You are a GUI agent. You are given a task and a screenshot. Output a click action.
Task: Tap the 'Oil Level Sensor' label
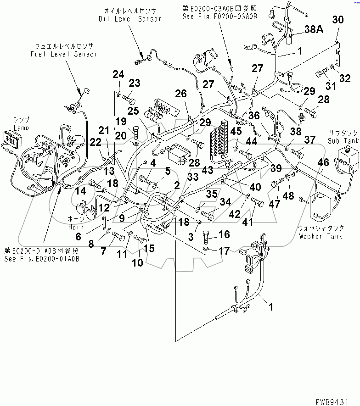pyautogui.click(x=130, y=19)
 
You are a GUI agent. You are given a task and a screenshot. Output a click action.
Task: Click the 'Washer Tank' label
pyautogui.click(x=320, y=236)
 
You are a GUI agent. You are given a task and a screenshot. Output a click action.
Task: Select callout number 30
pyautogui.click(x=337, y=19)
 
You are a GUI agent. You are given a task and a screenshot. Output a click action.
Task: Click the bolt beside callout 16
pyautogui.click(x=207, y=237)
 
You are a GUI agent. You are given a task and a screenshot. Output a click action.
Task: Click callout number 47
pyautogui.click(x=275, y=205)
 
